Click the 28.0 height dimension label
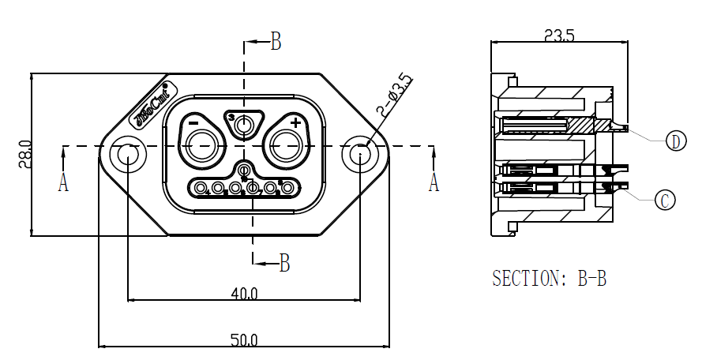(24, 155)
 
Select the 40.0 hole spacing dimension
(244, 294)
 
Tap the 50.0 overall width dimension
(244, 340)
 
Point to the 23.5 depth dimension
(559, 35)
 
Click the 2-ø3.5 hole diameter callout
(394, 96)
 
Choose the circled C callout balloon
(666, 201)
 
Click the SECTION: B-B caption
(549, 278)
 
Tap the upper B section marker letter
(276, 42)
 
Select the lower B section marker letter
(285, 262)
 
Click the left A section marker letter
(63, 183)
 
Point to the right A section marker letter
(433, 183)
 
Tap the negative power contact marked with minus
(203, 144)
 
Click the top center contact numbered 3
(244, 124)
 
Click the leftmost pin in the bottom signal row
(201, 188)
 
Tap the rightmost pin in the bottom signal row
(287, 188)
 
